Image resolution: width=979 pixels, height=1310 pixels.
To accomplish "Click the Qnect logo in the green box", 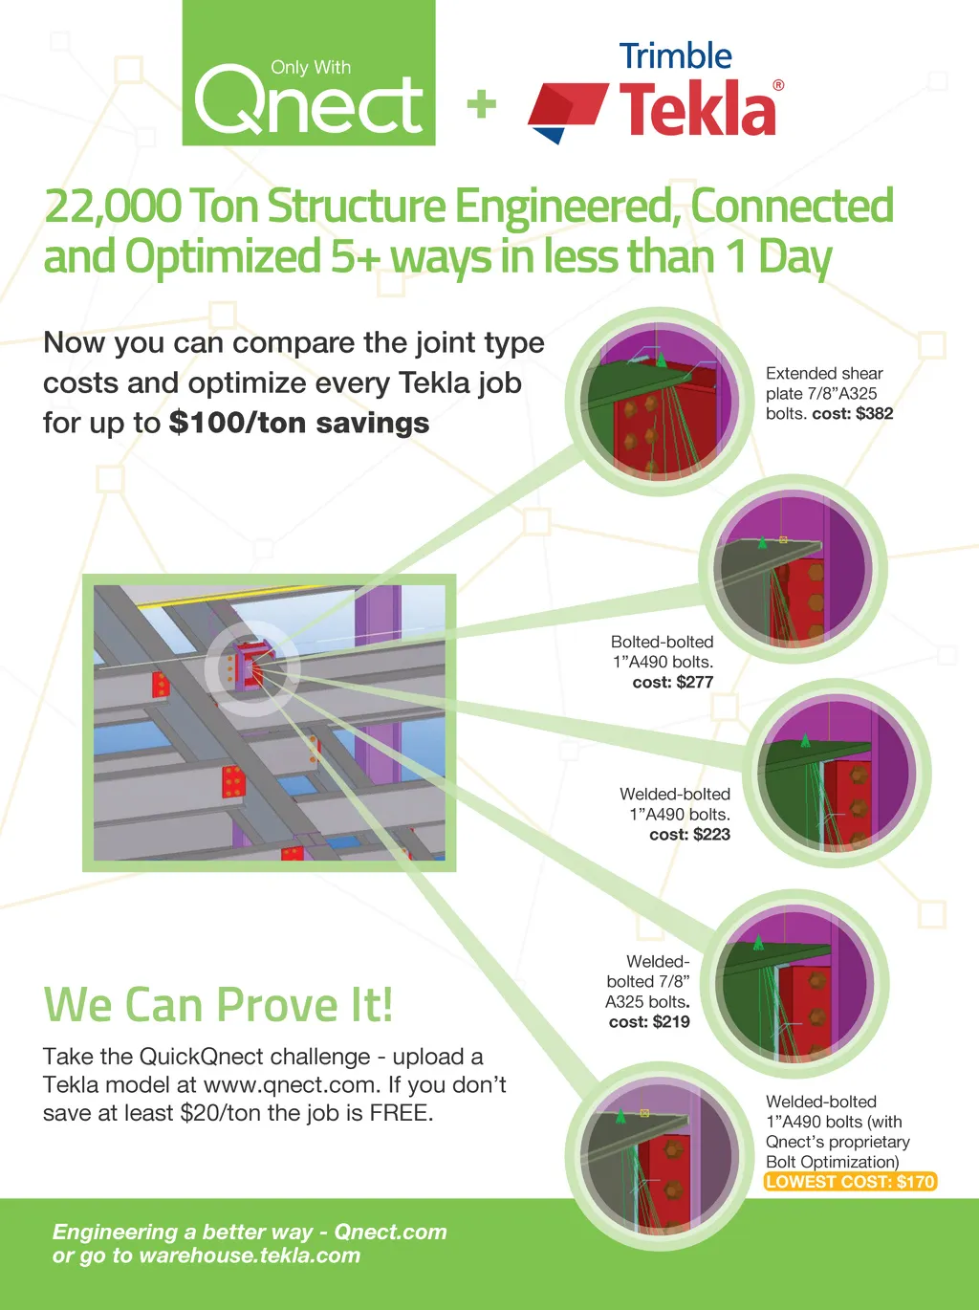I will click(x=309, y=98).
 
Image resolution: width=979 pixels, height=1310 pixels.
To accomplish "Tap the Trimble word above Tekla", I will click(x=675, y=56).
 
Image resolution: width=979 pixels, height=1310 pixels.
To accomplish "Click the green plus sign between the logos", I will click(x=482, y=103).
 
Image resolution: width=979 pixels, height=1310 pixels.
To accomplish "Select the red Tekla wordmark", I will click(x=698, y=109).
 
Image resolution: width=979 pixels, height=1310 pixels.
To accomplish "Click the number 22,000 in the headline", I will click(x=112, y=207).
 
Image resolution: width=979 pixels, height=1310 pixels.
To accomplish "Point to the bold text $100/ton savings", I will click(x=299, y=423).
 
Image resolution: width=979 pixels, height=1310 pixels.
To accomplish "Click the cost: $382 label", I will click(x=852, y=414).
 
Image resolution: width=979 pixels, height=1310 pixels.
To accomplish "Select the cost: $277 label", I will click(x=673, y=683).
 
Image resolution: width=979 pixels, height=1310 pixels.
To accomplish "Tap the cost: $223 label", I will click(x=689, y=835).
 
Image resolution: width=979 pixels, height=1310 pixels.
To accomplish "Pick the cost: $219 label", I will click(x=649, y=1022).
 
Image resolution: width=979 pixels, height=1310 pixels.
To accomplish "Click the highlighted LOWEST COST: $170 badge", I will click(x=850, y=1182).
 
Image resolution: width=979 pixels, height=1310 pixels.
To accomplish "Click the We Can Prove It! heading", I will click(x=218, y=1006).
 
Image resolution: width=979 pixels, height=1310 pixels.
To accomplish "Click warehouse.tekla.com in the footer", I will click(x=250, y=1255).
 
